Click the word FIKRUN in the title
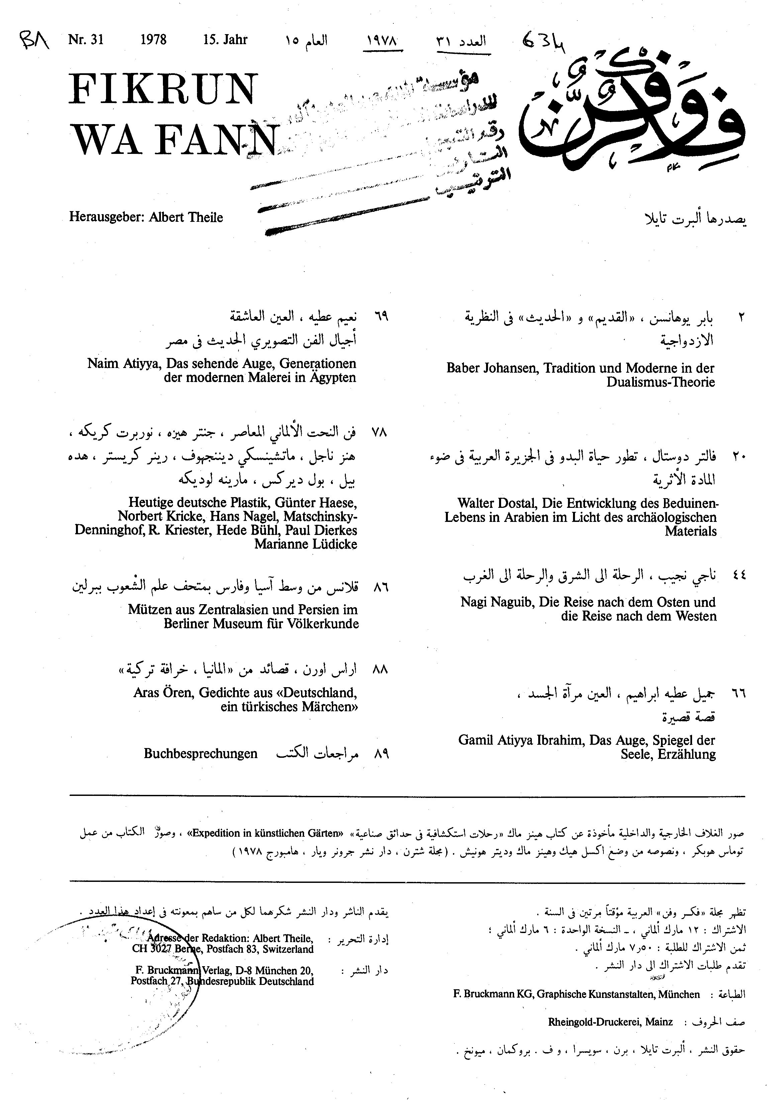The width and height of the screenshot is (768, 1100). pyautogui.click(x=163, y=90)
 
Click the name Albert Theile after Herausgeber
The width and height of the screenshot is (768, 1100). pyautogui.click(x=186, y=217)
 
